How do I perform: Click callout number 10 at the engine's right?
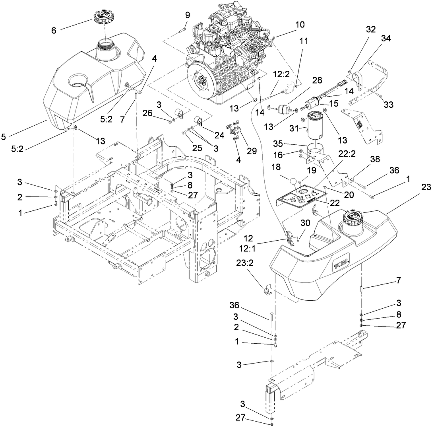(x=300, y=25)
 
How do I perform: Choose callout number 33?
(x=388, y=104)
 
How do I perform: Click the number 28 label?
(x=317, y=81)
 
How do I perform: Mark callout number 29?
(x=251, y=151)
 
